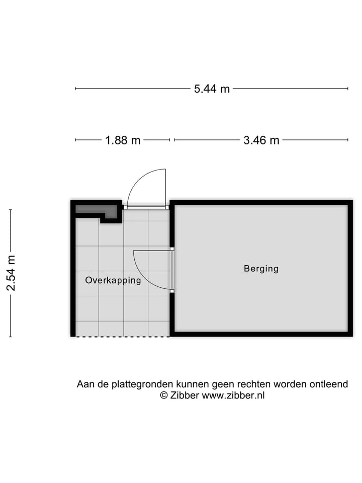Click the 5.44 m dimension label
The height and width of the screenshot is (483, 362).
tap(212, 89)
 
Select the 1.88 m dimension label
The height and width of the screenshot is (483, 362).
tap(123, 140)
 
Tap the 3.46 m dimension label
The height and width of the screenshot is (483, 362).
tap(261, 140)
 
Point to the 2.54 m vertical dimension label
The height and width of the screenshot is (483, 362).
tap(11, 273)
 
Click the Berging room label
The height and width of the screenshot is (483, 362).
tap(261, 269)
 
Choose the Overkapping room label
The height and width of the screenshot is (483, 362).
tap(113, 281)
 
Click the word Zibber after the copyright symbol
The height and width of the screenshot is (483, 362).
tap(185, 395)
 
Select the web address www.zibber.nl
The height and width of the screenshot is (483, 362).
tap(233, 395)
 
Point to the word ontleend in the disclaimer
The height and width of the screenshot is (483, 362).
tap(330, 384)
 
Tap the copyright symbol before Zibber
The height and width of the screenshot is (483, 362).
tap(163, 395)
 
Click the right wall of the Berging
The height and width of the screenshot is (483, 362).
tap(350, 269)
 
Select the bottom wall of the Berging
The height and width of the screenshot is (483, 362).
tap(261, 334)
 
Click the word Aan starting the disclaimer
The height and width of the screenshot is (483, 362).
tap(85, 384)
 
